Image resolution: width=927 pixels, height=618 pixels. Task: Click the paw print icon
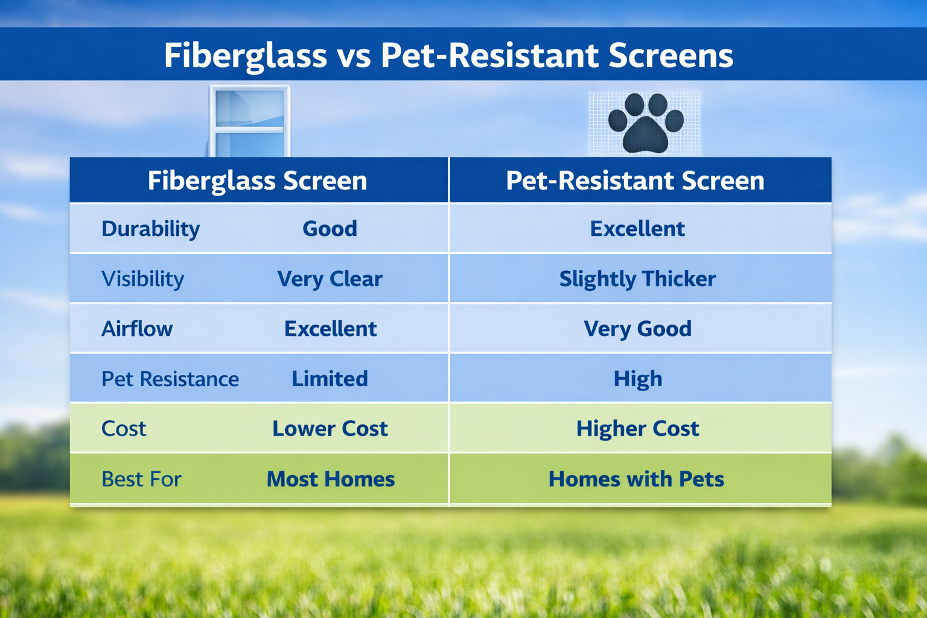[645, 123]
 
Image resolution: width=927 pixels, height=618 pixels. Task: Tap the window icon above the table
[249, 121]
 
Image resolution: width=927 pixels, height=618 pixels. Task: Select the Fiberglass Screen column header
[258, 180]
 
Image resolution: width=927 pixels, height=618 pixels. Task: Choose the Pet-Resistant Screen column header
[635, 180]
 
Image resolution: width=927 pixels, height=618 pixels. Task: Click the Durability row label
[150, 229]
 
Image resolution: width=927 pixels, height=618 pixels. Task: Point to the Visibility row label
[142, 279]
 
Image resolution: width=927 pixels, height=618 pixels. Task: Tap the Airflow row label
[137, 329]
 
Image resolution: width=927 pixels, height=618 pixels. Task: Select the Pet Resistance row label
[170, 379]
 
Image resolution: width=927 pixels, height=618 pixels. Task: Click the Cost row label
[124, 428]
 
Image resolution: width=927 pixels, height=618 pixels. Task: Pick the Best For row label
[141, 479]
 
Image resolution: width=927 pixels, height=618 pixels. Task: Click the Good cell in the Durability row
[330, 229]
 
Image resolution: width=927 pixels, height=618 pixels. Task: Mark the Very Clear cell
[330, 279]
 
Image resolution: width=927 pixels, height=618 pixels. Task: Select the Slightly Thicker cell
[637, 279]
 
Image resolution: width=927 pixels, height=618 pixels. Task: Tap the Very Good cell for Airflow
[637, 329]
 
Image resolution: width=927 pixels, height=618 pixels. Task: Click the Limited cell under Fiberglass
[330, 379]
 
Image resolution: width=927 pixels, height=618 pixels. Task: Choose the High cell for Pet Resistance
[638, 379]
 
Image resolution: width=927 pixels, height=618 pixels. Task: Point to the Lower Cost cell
[330, 428]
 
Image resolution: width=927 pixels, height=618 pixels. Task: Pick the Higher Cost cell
[637, 428]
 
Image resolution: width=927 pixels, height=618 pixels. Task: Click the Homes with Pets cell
[636, 479]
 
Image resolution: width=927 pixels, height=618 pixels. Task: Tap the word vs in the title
[354, 56]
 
